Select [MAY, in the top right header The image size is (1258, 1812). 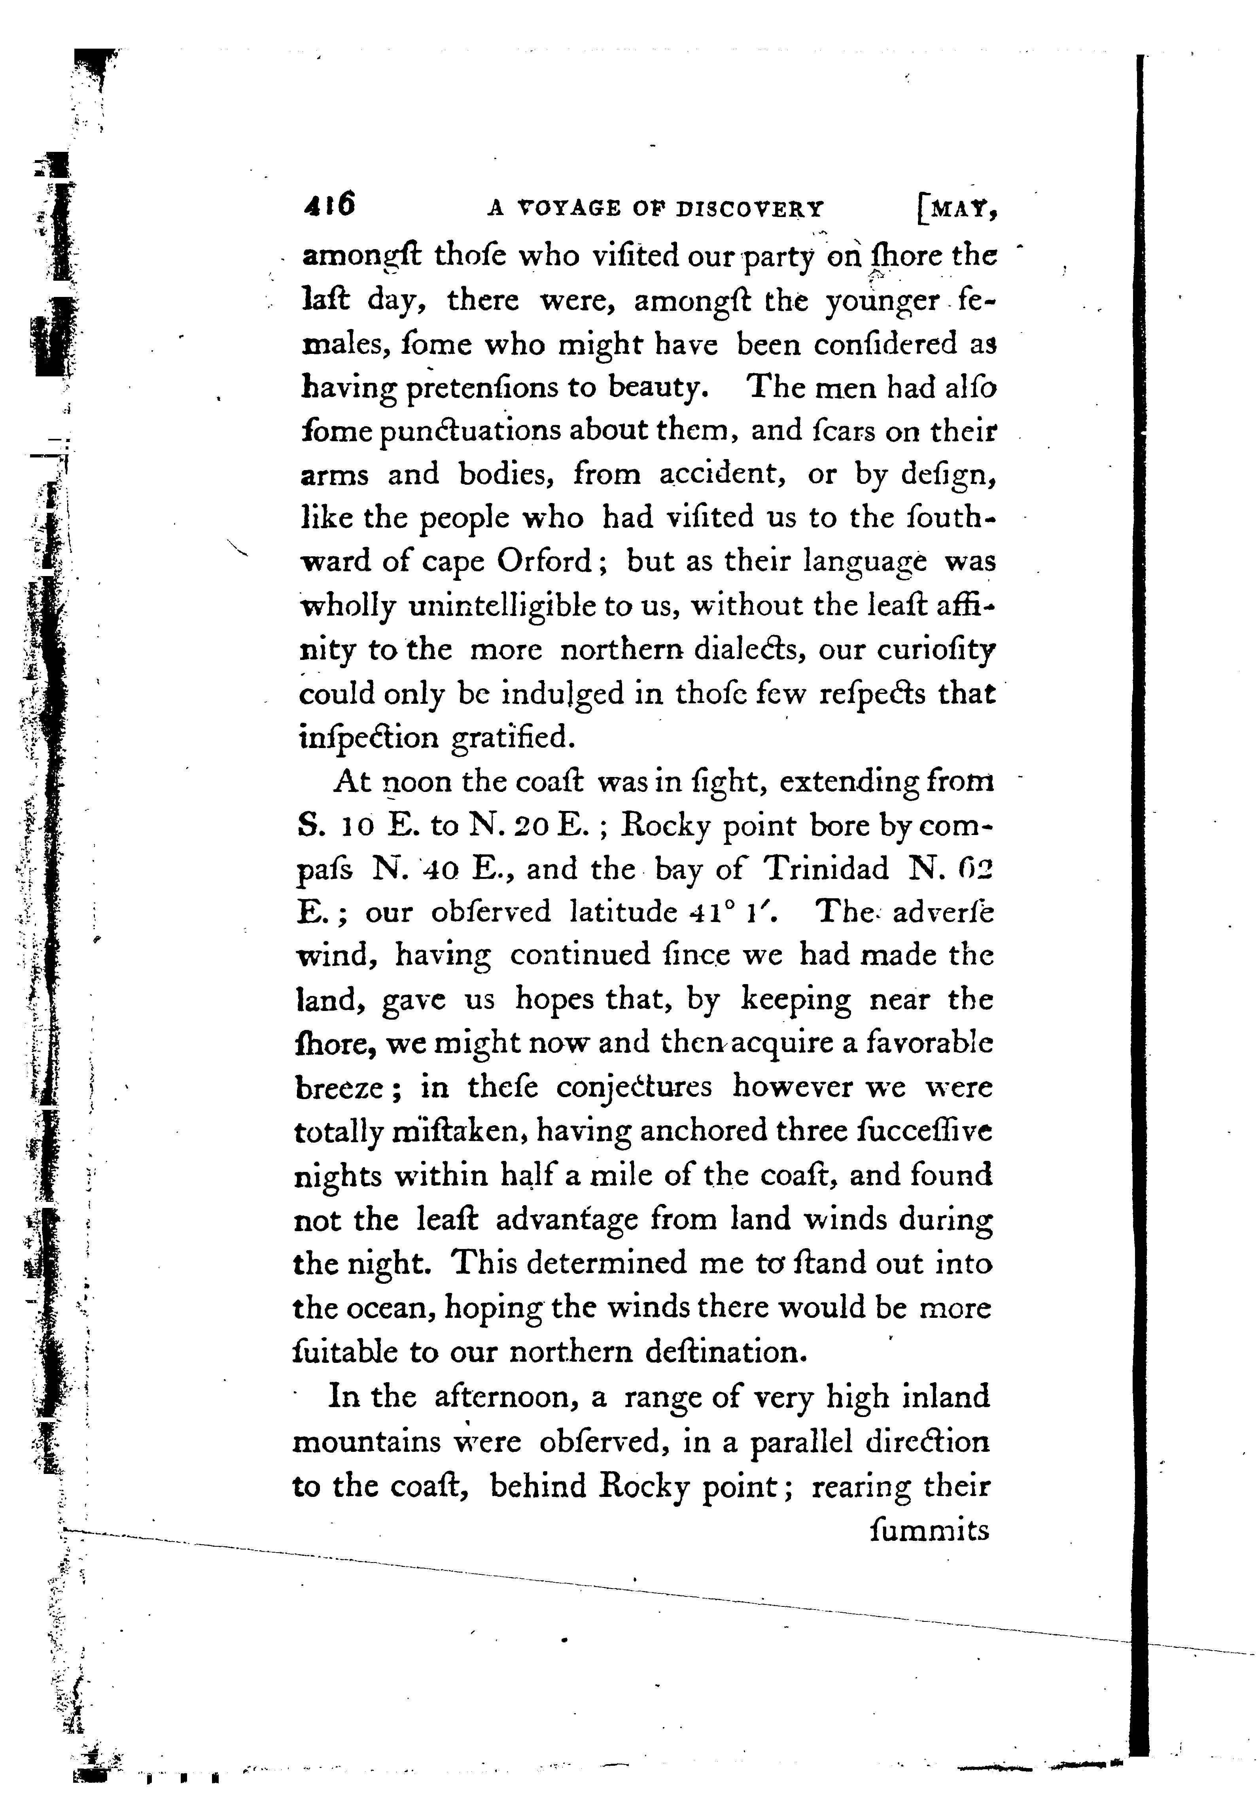click(x=959, y=208)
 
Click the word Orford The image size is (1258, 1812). click(x=544, y=561)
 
